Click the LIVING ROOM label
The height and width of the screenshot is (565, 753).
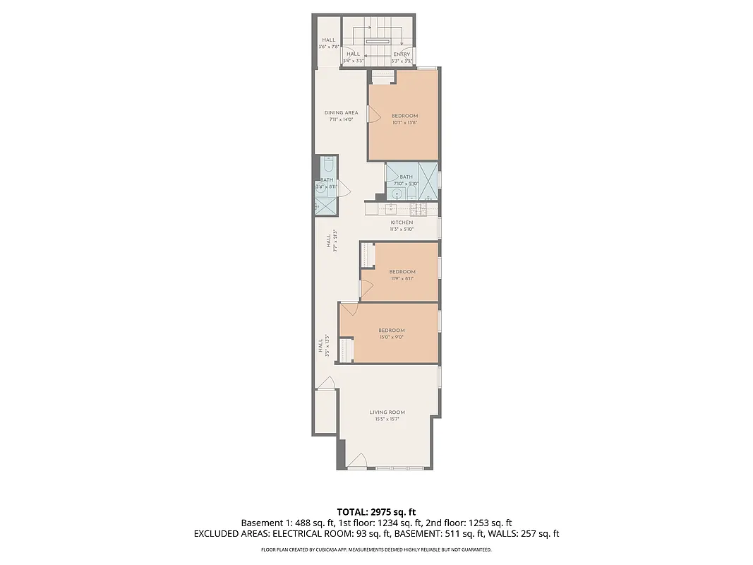pyautogui.click(x=387, y=412)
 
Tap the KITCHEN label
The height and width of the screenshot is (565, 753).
pyautogui.click(x=402, y=222)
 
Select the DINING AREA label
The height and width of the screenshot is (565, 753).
pyautogui.click(x=341, y=113)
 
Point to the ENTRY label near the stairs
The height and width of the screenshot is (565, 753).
pyautogui.click(x=402, y=54)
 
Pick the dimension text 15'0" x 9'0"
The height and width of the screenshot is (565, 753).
pyautogui.click(x=391, y=338)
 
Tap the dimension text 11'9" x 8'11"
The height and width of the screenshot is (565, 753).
pyautogui.click(x=402, y=278)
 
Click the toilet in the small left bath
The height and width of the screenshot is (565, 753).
pyautogui.click(x=327, y=166)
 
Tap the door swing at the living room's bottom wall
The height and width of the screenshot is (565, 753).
pyautogui.click(x=358, y=462)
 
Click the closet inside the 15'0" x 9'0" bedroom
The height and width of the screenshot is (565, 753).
pyautogui.click(x=347, y=350)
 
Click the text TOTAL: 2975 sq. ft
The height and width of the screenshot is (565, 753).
pyautogui.click(x=376, y=511)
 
